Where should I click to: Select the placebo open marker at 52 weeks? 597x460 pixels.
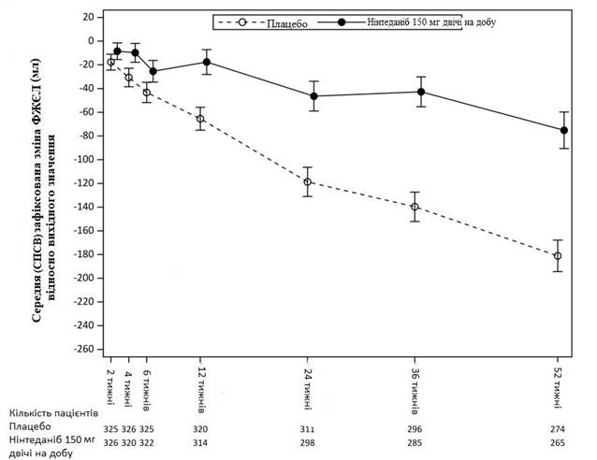(558, 255)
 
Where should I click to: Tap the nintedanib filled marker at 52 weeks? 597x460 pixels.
(564, 130)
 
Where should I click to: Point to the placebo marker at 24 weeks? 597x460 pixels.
(308, 181)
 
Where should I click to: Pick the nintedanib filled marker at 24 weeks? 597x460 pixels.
(313, 95)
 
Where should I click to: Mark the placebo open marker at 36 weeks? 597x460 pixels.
(415, 207)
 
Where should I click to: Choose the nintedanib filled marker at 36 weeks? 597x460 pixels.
(421, 92)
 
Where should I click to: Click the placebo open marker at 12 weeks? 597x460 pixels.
(200, 119)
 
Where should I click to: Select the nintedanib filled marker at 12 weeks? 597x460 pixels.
(206, 62)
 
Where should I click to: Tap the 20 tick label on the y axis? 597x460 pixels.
(90, 18)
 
